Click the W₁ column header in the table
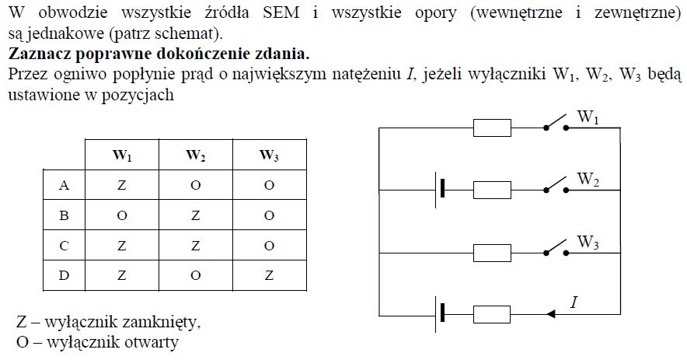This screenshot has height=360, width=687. click(x=122, y=156)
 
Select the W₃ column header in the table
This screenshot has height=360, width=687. click(x=269, y=156)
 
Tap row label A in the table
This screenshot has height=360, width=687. click(x=65, y=185)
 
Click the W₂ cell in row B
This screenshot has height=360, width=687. click(x=195, y=215)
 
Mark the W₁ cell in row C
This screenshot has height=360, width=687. click(x=122, y=246)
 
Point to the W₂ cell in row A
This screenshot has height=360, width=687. click(x=195, y=185)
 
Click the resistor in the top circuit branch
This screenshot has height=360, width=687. click(x=492, y=128)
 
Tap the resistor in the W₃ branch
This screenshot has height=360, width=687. click(x=492, y=252)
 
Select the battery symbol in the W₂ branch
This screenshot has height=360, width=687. click(x=439, y=189)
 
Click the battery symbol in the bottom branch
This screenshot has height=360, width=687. click(x=439, y=313)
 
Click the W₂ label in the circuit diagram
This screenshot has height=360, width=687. click(x=588, y=180)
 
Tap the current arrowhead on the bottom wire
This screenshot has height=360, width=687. click(x=553, y=314)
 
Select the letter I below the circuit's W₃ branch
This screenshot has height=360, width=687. click(x=573, y=302)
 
